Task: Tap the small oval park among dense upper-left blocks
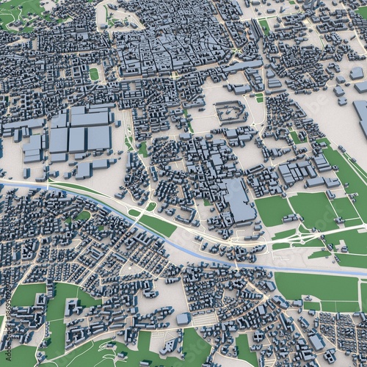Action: (94, 74)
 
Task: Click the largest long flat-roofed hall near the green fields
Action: (239, 200)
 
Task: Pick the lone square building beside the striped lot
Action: (183, 319)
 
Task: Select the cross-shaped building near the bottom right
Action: (316, 341)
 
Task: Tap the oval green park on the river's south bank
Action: (82, 216)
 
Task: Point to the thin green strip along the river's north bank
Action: (81, 189)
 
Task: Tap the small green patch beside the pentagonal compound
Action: (258, 97)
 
